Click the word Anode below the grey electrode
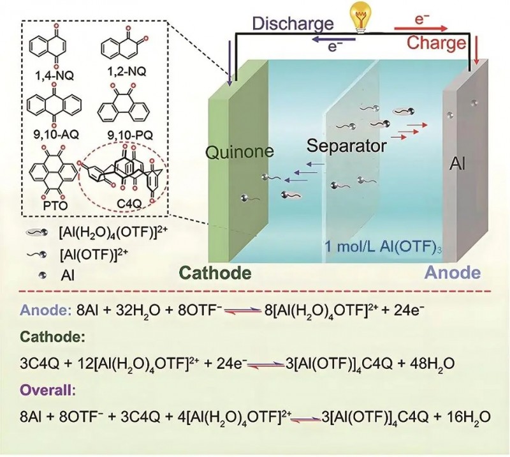453,273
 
